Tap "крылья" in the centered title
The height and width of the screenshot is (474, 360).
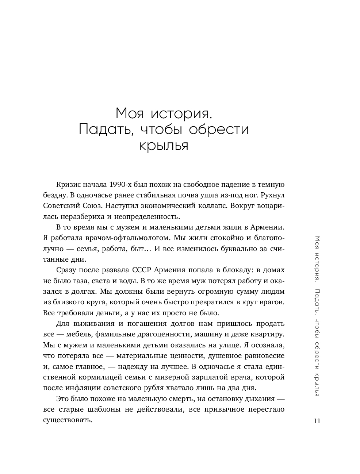[x=164, y=146]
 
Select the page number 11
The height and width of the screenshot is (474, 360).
[x=317, y=421]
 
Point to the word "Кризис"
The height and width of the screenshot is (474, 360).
[x=68, y=184]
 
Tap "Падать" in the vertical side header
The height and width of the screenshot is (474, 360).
[x=317, y=301]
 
